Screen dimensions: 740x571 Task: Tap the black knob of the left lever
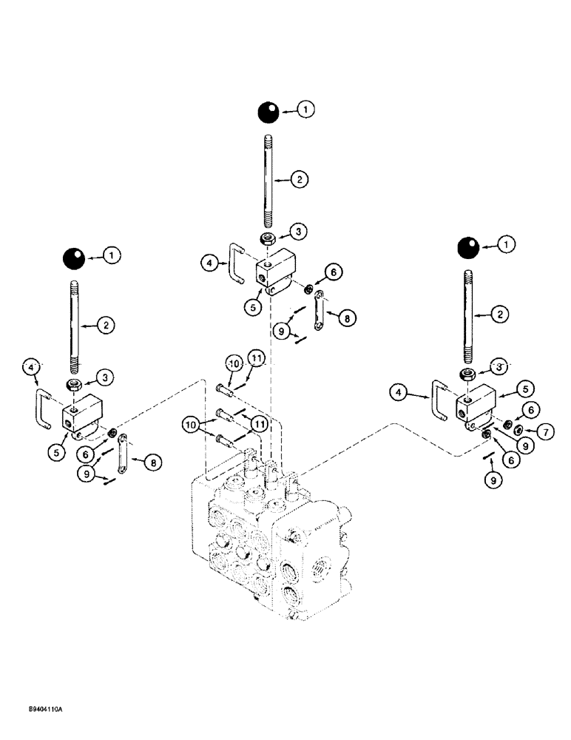click(74, 259)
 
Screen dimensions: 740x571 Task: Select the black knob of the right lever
click(468, 247)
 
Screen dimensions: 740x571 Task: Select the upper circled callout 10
click(234, 363)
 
